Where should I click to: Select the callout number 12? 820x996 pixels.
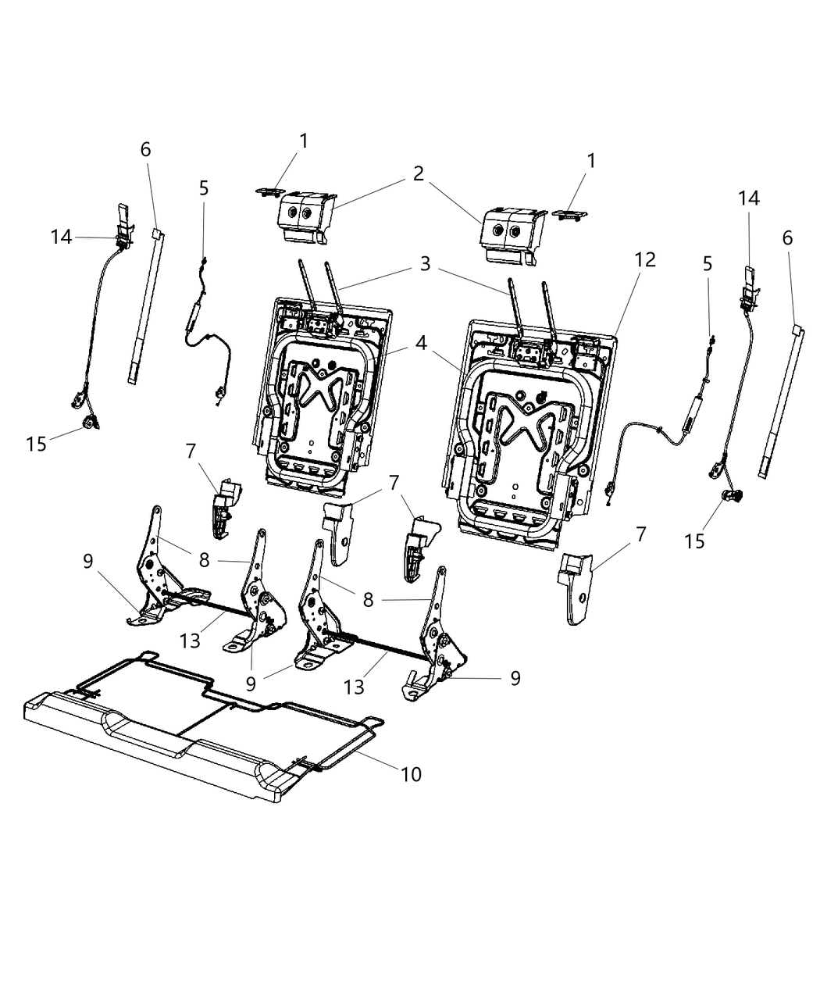coord(646,259)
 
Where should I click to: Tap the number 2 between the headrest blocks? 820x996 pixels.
coord(419,173)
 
